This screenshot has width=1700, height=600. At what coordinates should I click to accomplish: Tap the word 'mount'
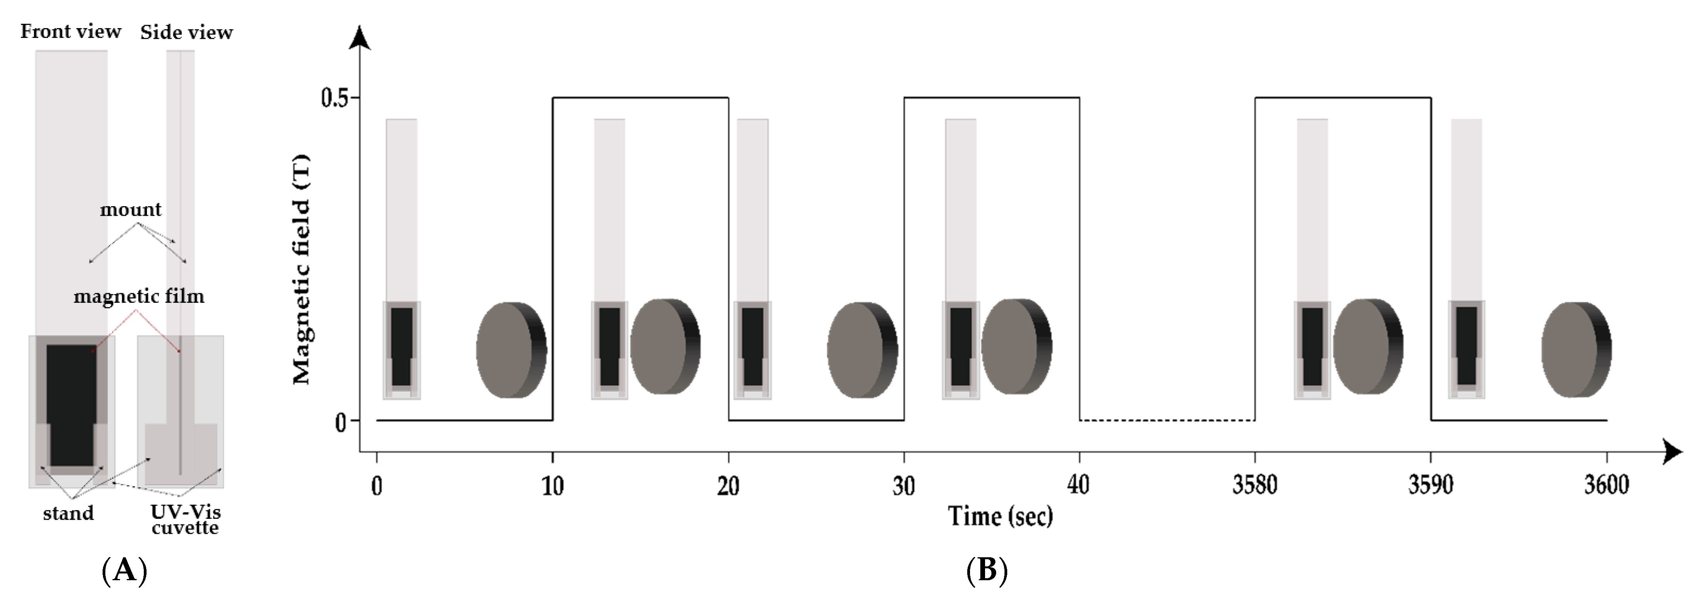[131, 210]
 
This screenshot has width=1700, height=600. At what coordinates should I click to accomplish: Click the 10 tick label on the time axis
[553, 486]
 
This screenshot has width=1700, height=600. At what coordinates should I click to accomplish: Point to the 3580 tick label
[1254, 486]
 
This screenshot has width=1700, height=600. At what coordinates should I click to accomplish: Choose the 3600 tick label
[1606, 486]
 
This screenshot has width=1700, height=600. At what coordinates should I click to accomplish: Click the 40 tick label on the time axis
[1079, 486]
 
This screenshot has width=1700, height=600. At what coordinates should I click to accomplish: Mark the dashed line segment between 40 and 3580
[1167, 420]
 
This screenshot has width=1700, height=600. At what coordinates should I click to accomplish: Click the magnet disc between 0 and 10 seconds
[511, 350]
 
